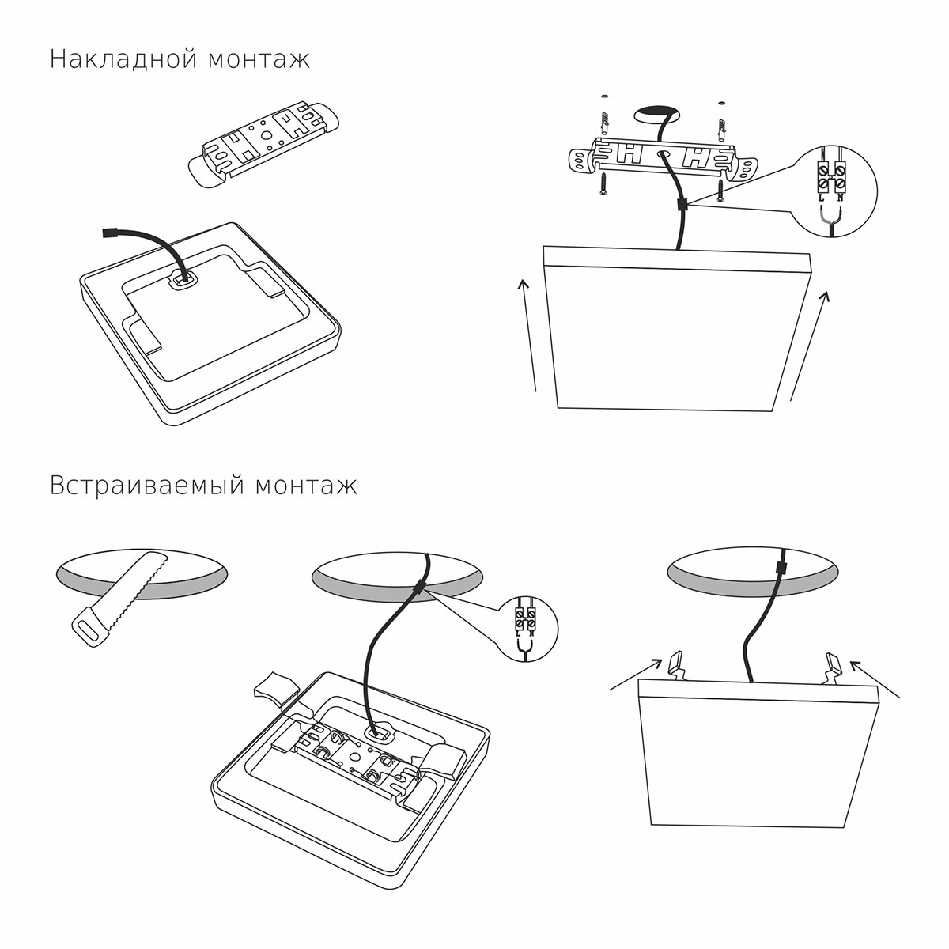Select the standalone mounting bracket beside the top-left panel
[x=264, y=143]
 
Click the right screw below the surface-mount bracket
[x=720, y=191]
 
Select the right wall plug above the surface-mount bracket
[x=721, y=125]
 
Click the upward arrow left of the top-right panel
[x=528, y=332]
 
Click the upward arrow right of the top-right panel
[x=810, y=340]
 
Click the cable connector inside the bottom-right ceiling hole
[x=781, y=569]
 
